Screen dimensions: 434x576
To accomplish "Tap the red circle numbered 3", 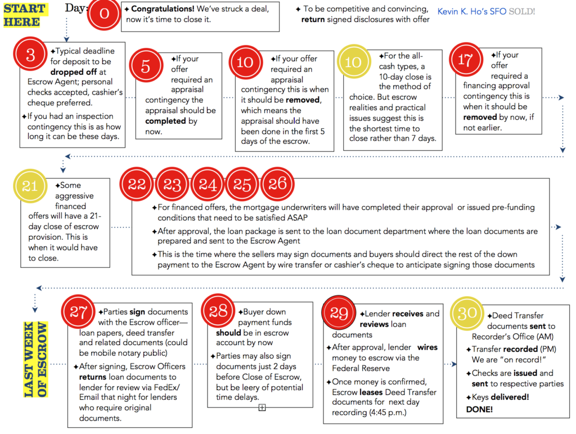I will [x=30, y=54].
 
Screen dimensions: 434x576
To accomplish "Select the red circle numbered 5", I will [x=145, y=66].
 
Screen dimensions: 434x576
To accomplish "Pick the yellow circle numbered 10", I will [x=353, y=61].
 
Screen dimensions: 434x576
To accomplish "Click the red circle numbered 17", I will [x=465, y=60].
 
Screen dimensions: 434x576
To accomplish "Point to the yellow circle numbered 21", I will [x=29, y=186].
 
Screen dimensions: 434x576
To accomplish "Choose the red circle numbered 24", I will [x=208, y=184].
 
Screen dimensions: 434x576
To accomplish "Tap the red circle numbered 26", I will [x=277, y=183].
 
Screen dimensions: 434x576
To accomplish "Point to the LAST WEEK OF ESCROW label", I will [x=35, y=359].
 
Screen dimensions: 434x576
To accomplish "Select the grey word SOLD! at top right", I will [x=522, y=11].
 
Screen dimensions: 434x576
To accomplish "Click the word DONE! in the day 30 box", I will [x=479, y=409].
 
